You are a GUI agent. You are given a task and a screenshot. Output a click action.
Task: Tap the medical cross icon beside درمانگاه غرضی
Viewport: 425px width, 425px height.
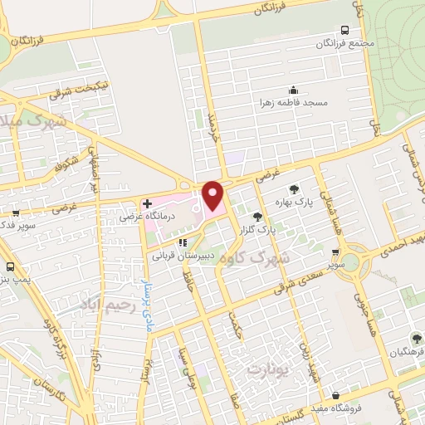[x=147, y=203]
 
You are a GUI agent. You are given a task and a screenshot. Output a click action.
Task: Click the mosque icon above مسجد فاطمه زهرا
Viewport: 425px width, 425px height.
[x=292, y=90]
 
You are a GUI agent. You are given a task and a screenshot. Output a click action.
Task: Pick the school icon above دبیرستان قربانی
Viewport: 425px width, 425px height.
[x=183, y=243]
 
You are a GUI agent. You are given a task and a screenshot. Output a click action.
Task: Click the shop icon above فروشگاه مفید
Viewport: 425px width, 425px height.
[x=335, y=395]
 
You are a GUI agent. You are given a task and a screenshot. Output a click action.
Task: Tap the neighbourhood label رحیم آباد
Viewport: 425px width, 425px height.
[x=105, y=305]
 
